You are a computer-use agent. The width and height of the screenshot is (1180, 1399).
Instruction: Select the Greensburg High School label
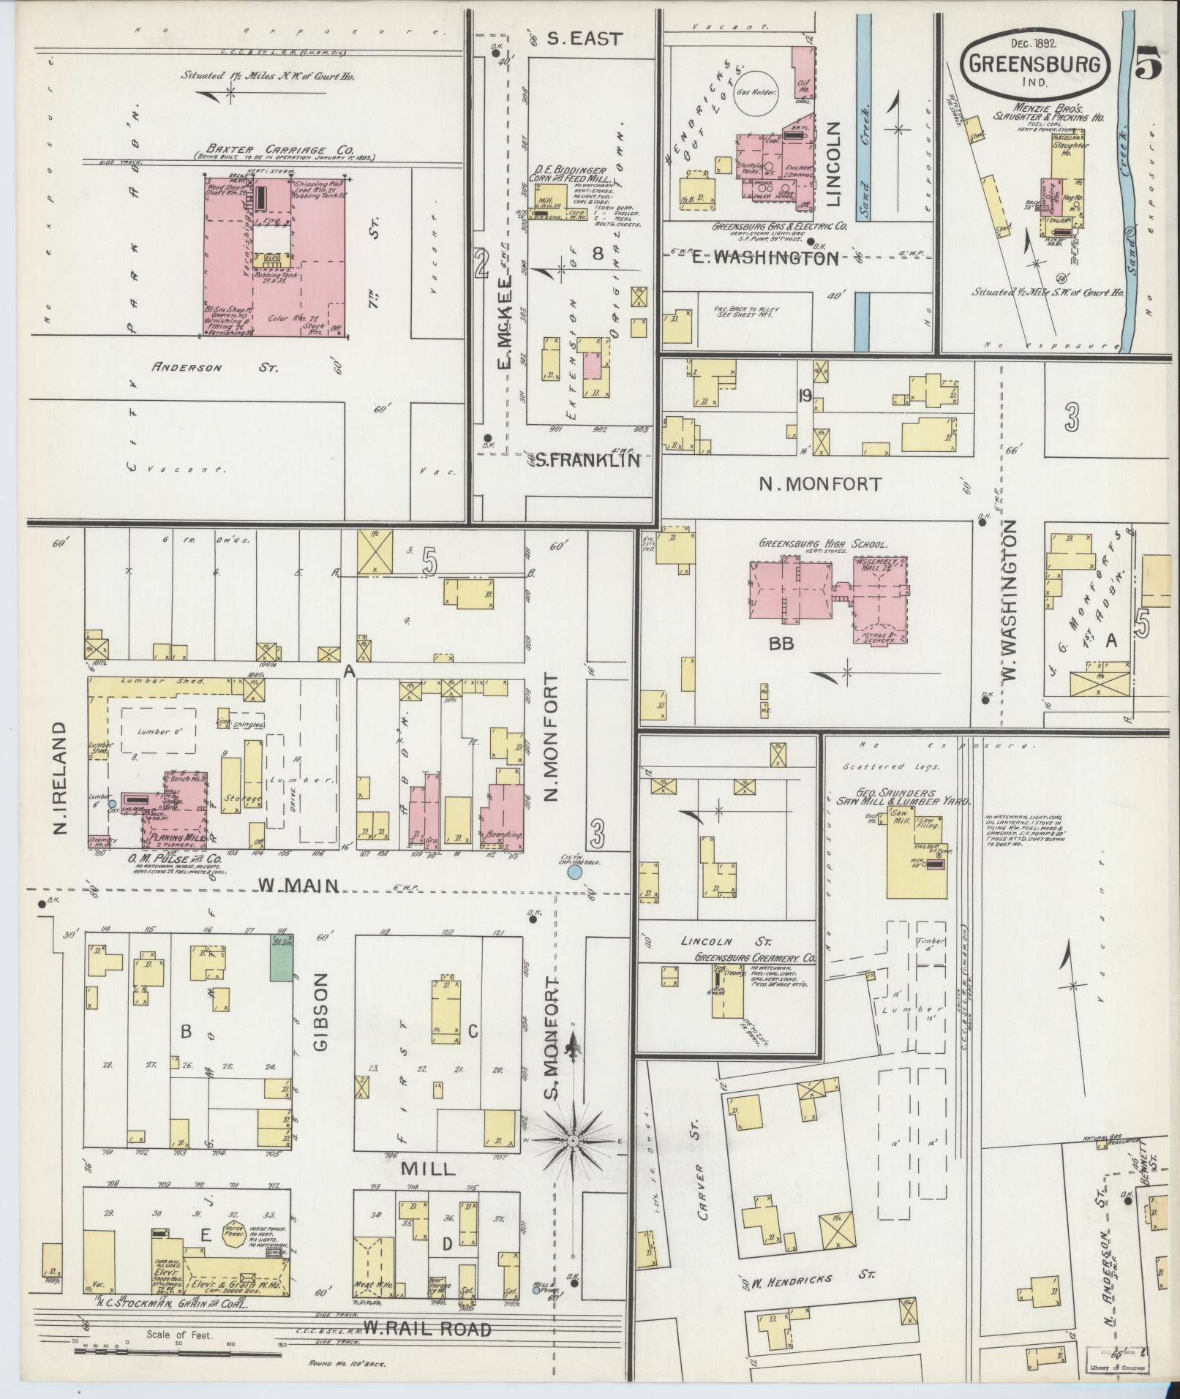tap(822, 544)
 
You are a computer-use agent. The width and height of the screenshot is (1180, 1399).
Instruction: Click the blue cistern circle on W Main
tap(575, 872)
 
